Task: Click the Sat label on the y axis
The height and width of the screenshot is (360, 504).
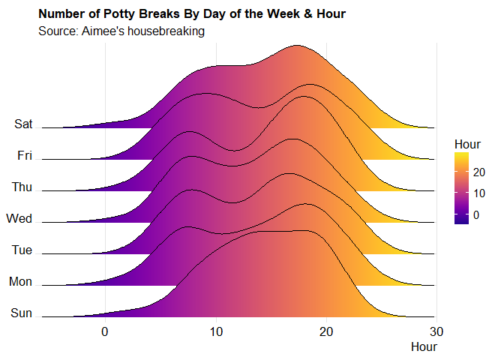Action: pyautogui.click(x=22, y=124)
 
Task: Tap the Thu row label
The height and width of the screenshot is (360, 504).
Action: pyautogui.click(x=21, y=187)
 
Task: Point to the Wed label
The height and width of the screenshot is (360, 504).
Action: pyautogui.click(x=19, y=219)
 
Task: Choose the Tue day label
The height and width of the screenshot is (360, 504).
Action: pyautogui.click(x=22, y=250)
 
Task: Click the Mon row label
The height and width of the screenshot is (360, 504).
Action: pyautogui.click(x=20, y=282)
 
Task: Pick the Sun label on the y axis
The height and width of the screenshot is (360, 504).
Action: pyautogui.click(x=22, y=313)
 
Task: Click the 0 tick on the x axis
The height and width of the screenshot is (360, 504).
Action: pyautogui.click(x=105, y=331)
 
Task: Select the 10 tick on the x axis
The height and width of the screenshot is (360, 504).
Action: pyautogui.click(x=215, y=331)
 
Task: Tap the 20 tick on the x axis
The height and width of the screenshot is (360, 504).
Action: pyautogui.click(x=326, y=331)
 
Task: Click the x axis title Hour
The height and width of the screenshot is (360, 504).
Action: pyautogui.click(x=424, y=346)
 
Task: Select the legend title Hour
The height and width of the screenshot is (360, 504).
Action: pyautogui.click(x=467, y=143)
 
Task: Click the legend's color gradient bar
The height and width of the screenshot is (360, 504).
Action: pyautogui.click(x=462, y=188)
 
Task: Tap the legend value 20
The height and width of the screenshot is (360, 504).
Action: pyautogui.click(x=480, y=172)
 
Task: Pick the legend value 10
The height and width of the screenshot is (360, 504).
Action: pyautogui.click(x=480, y=193)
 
